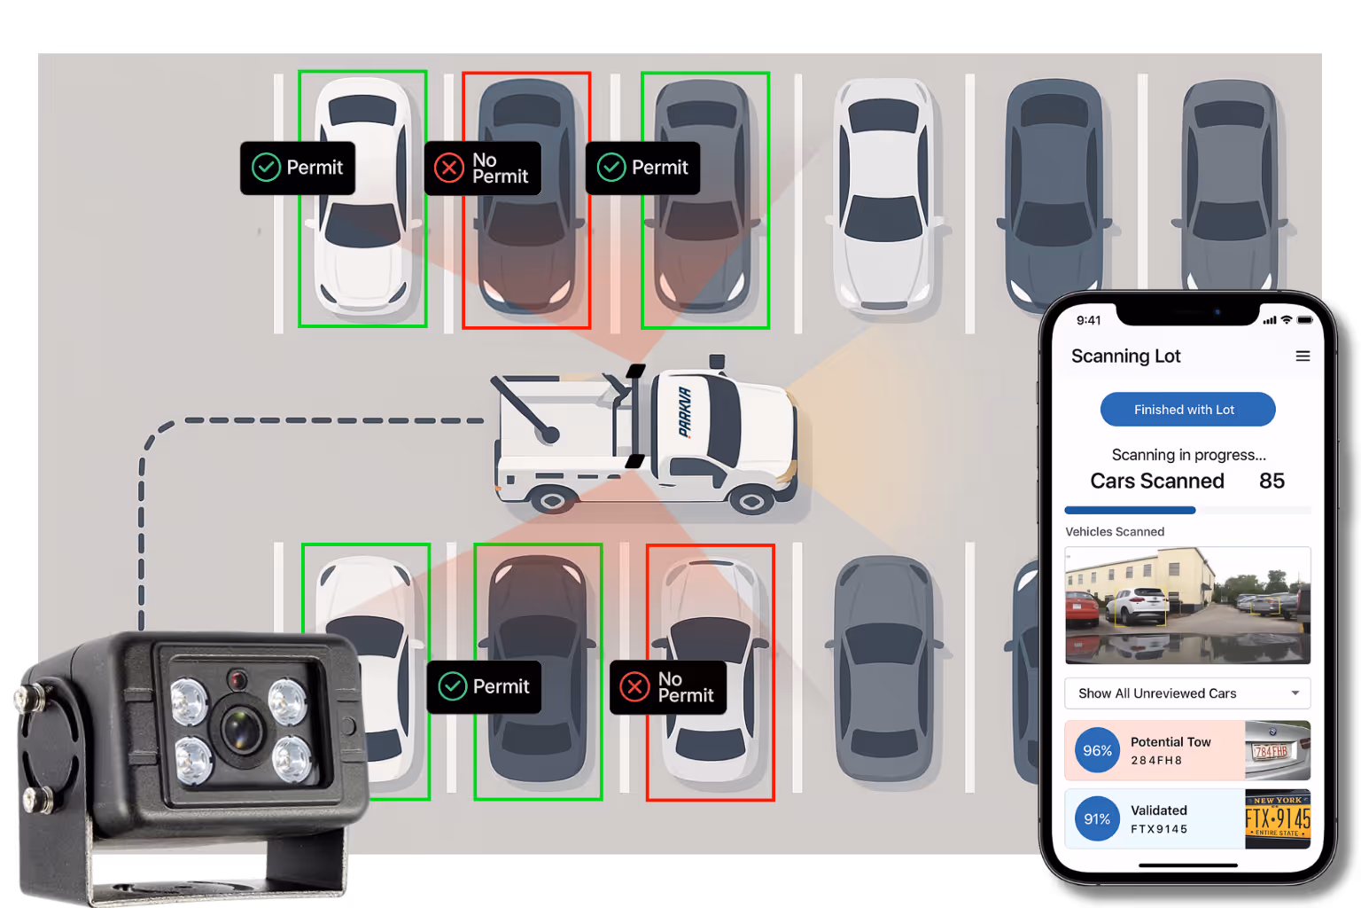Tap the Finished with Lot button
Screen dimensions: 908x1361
[1187, 410]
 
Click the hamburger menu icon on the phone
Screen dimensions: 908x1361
[1303, 356]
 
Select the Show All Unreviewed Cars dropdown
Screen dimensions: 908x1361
[1187, 693]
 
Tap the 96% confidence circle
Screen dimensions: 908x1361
[1097, 750]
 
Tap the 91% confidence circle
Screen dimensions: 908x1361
[1097, 819]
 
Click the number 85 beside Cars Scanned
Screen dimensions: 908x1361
[1272, 481]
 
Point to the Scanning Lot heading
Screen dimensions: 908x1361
[1125, 356]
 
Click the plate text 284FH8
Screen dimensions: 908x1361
[1156, 761]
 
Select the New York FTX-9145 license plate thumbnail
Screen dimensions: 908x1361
[1277, 818]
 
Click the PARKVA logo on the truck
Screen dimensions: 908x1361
[685, 412]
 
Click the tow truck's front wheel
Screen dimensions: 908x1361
[751, 502]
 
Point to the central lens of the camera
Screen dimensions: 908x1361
[241, 729]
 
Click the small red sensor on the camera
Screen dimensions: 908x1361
[237, 680]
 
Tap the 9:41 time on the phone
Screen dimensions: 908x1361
[1088, 320]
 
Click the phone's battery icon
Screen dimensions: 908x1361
[1305, 320]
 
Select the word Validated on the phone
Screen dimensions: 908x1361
[1158, 810]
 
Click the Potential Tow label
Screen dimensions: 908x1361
[1170, 742]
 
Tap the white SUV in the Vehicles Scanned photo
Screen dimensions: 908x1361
[1139, 606]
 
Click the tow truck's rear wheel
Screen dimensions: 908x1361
[552, 501]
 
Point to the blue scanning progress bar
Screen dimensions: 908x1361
[1130, 511]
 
